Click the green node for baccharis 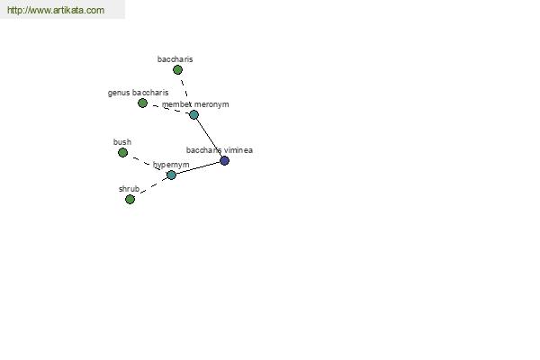point(177,70)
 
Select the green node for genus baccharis point(142,103)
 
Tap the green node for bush point(122,153)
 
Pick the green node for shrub point(130,199)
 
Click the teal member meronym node point(193,114)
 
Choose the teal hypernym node point(171,175)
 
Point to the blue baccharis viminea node point(224,160)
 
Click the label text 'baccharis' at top point(175,59)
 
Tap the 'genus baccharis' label point(138,93)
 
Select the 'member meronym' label point(195,104)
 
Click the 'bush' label point(122,142)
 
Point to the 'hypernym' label point(171,165)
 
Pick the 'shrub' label point(129,189)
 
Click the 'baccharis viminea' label point(220,150)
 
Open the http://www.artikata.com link point(56,10)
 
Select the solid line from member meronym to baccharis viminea point(209,138)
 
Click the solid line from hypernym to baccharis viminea point(198,167)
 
